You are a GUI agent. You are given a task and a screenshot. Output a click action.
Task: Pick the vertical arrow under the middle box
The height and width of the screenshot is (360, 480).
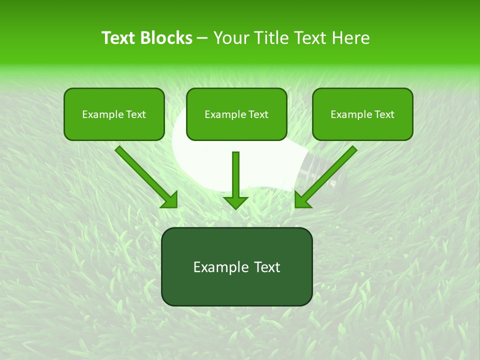[235, 175]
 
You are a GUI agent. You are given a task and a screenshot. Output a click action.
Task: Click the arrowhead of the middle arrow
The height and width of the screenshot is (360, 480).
[235, 202]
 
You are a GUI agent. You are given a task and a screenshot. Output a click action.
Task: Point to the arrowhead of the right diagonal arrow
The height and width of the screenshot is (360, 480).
[302, 200]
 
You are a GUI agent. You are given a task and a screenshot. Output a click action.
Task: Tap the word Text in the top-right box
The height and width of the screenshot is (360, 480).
[384, 114]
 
